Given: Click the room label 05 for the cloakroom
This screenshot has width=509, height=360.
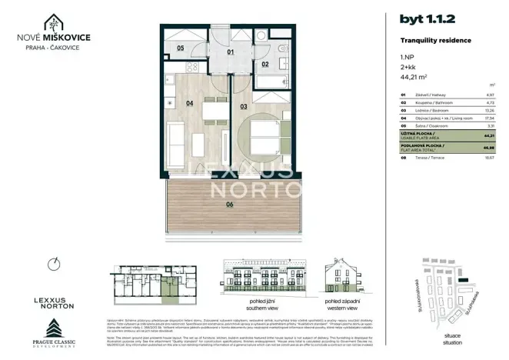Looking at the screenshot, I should pyautogui.click(x=180, y=48).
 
